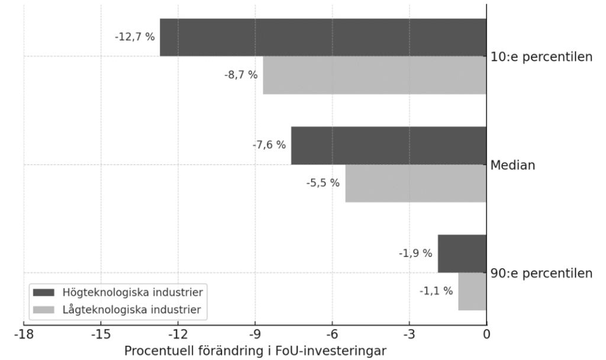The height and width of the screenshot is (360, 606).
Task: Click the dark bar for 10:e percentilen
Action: [323, 37]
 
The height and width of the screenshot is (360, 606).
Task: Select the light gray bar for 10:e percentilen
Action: [374, 75]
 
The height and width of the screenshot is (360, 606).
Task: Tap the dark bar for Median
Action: [388, 145]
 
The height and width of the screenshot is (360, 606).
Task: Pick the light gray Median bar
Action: [415, 183]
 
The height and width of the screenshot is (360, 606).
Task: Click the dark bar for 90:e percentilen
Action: [462, 253]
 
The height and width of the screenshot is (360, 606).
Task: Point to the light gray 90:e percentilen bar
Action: [472, 291]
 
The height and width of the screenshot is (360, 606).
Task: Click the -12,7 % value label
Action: [134, 37]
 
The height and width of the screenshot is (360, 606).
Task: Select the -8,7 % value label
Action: [240, 75]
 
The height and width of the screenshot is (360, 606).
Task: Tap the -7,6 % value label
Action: [269, 144]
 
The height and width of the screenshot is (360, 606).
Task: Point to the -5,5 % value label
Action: [323, 183]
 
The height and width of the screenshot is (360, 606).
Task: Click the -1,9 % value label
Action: [415, 253]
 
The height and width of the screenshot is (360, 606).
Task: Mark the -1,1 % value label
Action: [436, 291]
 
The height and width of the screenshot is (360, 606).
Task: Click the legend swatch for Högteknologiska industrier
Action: [44, 292]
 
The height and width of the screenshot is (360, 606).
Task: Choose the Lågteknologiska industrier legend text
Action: [131, 309]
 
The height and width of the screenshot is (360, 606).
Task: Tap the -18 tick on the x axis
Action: [24, 335]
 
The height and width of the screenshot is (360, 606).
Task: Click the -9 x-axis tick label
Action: [254, 335]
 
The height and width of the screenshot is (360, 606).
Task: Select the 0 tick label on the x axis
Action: [486, 335]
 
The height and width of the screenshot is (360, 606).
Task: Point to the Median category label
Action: [512, 165]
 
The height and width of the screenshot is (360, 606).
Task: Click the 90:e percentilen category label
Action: [541, 274]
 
